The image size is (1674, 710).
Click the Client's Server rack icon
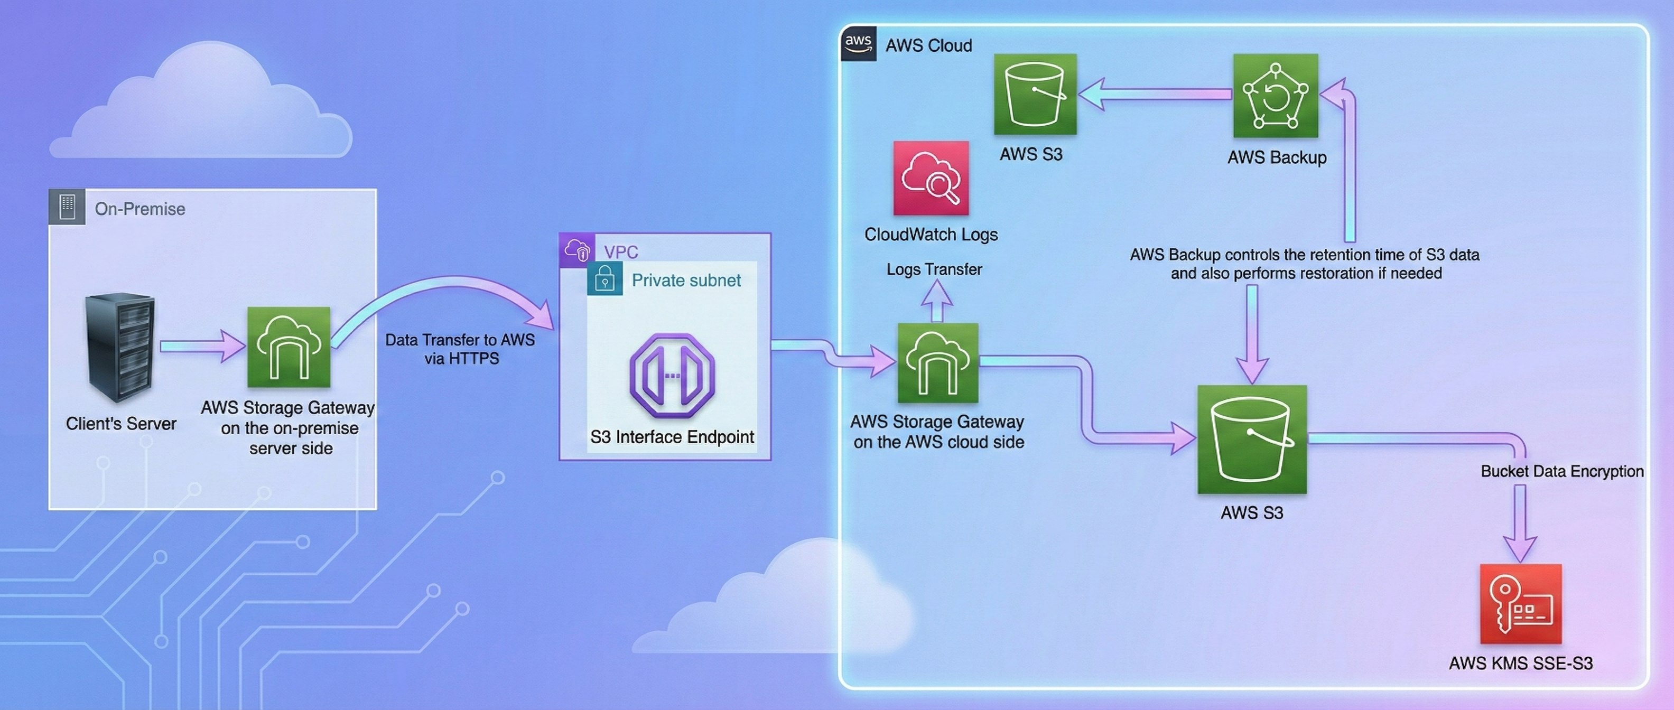pyautogui.click(x=121, y=348)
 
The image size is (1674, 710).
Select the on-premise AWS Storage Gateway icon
pyautogui.click(x=289, y=347)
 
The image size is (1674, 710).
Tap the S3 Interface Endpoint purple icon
pyautogui.click(x=672, y=376)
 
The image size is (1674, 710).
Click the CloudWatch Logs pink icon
pyautogui.click(x=931, y=178)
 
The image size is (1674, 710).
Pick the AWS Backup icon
pyautogui.click(x=1275, y=96)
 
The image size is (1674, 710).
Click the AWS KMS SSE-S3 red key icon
pyautogui.click(x=1520, y=604)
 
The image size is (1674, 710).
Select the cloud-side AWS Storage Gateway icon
pyautogui.click(x=937, y=362)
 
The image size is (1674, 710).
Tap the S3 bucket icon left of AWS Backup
pyautogui.click(x=1035, y=94)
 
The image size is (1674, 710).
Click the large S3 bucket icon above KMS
pyautogui.click(x=1252, y=439)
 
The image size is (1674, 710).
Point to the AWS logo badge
pyautogui.click(x=858, y=43)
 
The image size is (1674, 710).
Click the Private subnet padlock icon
pyautogui.click(x=604, y=279)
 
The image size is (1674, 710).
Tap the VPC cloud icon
pyautogui.click(x=577, y=249)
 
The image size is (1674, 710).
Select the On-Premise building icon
pyautogui.click(x=67, y=207)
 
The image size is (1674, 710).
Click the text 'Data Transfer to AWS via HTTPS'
pyautogui.click(x=460, y=349)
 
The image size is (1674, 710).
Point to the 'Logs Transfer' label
pyautogui.click(x=934, y=269)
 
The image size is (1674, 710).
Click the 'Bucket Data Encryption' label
pyautogui.click(x=1561, y=471)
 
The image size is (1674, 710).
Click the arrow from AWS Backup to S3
pyautogui.click(x=1157, y=94)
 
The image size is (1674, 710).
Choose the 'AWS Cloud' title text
pyautogui.click(x=928, y=45)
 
